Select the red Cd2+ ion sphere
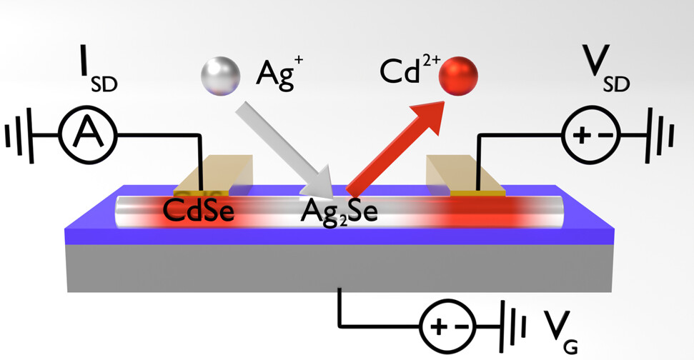click(x=457, y=76)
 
